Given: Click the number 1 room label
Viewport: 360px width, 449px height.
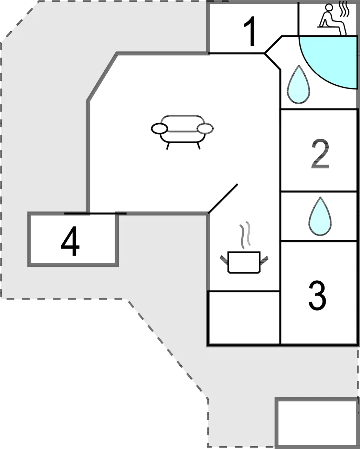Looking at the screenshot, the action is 250,31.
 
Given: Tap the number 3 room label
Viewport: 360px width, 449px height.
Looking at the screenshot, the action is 317,296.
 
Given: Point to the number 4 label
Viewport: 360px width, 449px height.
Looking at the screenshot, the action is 70,241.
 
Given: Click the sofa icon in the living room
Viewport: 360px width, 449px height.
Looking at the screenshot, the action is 182,132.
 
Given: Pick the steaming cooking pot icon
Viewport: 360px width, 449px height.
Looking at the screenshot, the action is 244,247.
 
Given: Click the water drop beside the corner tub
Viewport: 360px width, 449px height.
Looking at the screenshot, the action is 298,84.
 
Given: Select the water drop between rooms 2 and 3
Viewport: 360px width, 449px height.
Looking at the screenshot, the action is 320,216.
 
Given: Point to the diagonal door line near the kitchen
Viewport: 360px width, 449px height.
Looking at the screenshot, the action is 223,199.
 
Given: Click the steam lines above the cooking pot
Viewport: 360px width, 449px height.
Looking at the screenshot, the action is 245,235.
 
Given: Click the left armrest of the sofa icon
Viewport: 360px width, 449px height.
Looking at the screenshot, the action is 159,128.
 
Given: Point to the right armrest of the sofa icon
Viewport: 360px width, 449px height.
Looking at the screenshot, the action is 205,128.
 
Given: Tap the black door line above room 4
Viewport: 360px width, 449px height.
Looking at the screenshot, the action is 95,213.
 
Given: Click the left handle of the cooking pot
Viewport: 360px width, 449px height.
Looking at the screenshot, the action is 224,260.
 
